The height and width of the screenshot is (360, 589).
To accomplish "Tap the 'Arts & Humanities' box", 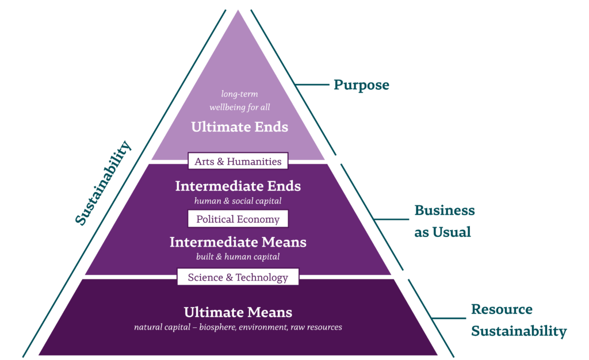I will point(238,162).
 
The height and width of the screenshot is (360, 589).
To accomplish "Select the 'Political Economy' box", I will point(238,219).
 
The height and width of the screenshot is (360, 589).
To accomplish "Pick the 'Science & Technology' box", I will point(238,277).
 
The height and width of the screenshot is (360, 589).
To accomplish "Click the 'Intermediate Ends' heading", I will point(238,186).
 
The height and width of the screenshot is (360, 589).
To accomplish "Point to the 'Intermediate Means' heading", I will point(238,242).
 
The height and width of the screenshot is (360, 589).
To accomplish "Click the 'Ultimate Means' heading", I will point(238,313).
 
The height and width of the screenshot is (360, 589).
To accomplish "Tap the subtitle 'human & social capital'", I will point(238,201).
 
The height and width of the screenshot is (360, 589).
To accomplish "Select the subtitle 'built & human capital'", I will point(238,256).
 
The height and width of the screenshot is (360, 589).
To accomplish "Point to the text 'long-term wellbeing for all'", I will point(239,100).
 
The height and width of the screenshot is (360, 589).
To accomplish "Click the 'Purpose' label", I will point(361,85).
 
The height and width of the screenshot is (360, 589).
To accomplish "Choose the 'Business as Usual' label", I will point(444,221).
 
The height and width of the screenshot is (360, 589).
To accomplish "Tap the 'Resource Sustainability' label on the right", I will point(518,320).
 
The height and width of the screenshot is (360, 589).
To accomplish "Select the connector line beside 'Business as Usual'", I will point(391,219).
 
